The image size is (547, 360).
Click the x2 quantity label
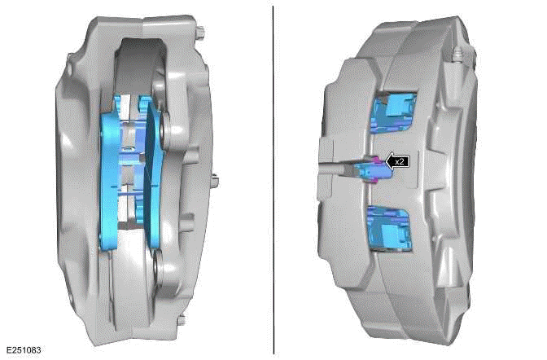(399, 162)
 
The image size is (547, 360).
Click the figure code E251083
(22, 350)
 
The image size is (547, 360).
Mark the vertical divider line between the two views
(273, 179)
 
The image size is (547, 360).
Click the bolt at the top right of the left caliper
(198, 32)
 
